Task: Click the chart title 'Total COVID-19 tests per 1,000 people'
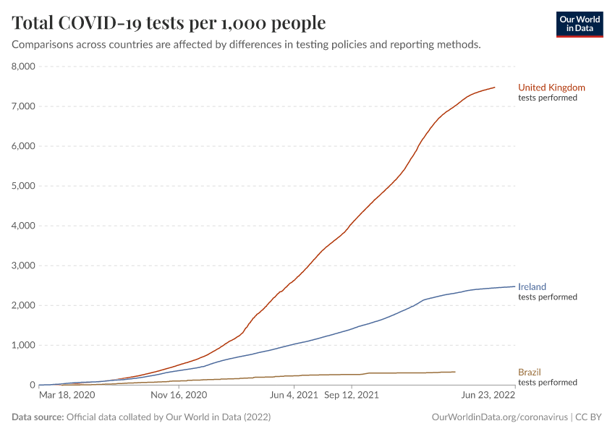pyautogui.click(x=169, y=23)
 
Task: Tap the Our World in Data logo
pyautogui.click(x=579, y=23)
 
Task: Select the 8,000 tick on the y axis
pyautogui.click(x=24, y=67)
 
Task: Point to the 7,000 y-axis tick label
pyautogui.click(x=24, y=106)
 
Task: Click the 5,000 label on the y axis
pyautogui.click(x=24, y=186)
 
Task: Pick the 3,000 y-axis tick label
pyautogui.click(x=24, y=265)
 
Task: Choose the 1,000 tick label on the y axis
pyautogui.click(x=24, y=345)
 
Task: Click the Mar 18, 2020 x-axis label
pyautogui.click(x=67, y=396)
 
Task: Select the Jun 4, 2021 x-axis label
pyautogui.click(x=293, y=396)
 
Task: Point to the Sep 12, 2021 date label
pyautogui.click(x=351, y=396)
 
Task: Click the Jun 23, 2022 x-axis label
pyautogui.click(x=488, y=396)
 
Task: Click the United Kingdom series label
pyautogui.click(x=551, y=88)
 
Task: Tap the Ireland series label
pyautogui.click(x=532, y=287)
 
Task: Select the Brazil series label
pyautogui.click(x=529, y=373)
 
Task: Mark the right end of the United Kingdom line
pyautogui.click(x=495, y=88)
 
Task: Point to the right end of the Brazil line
pyautogui.click(x=455, y=372)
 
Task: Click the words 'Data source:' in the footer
pyautogui.click(x=38, y=417)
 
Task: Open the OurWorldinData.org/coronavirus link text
pyautogui.click(x=499, y=417)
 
